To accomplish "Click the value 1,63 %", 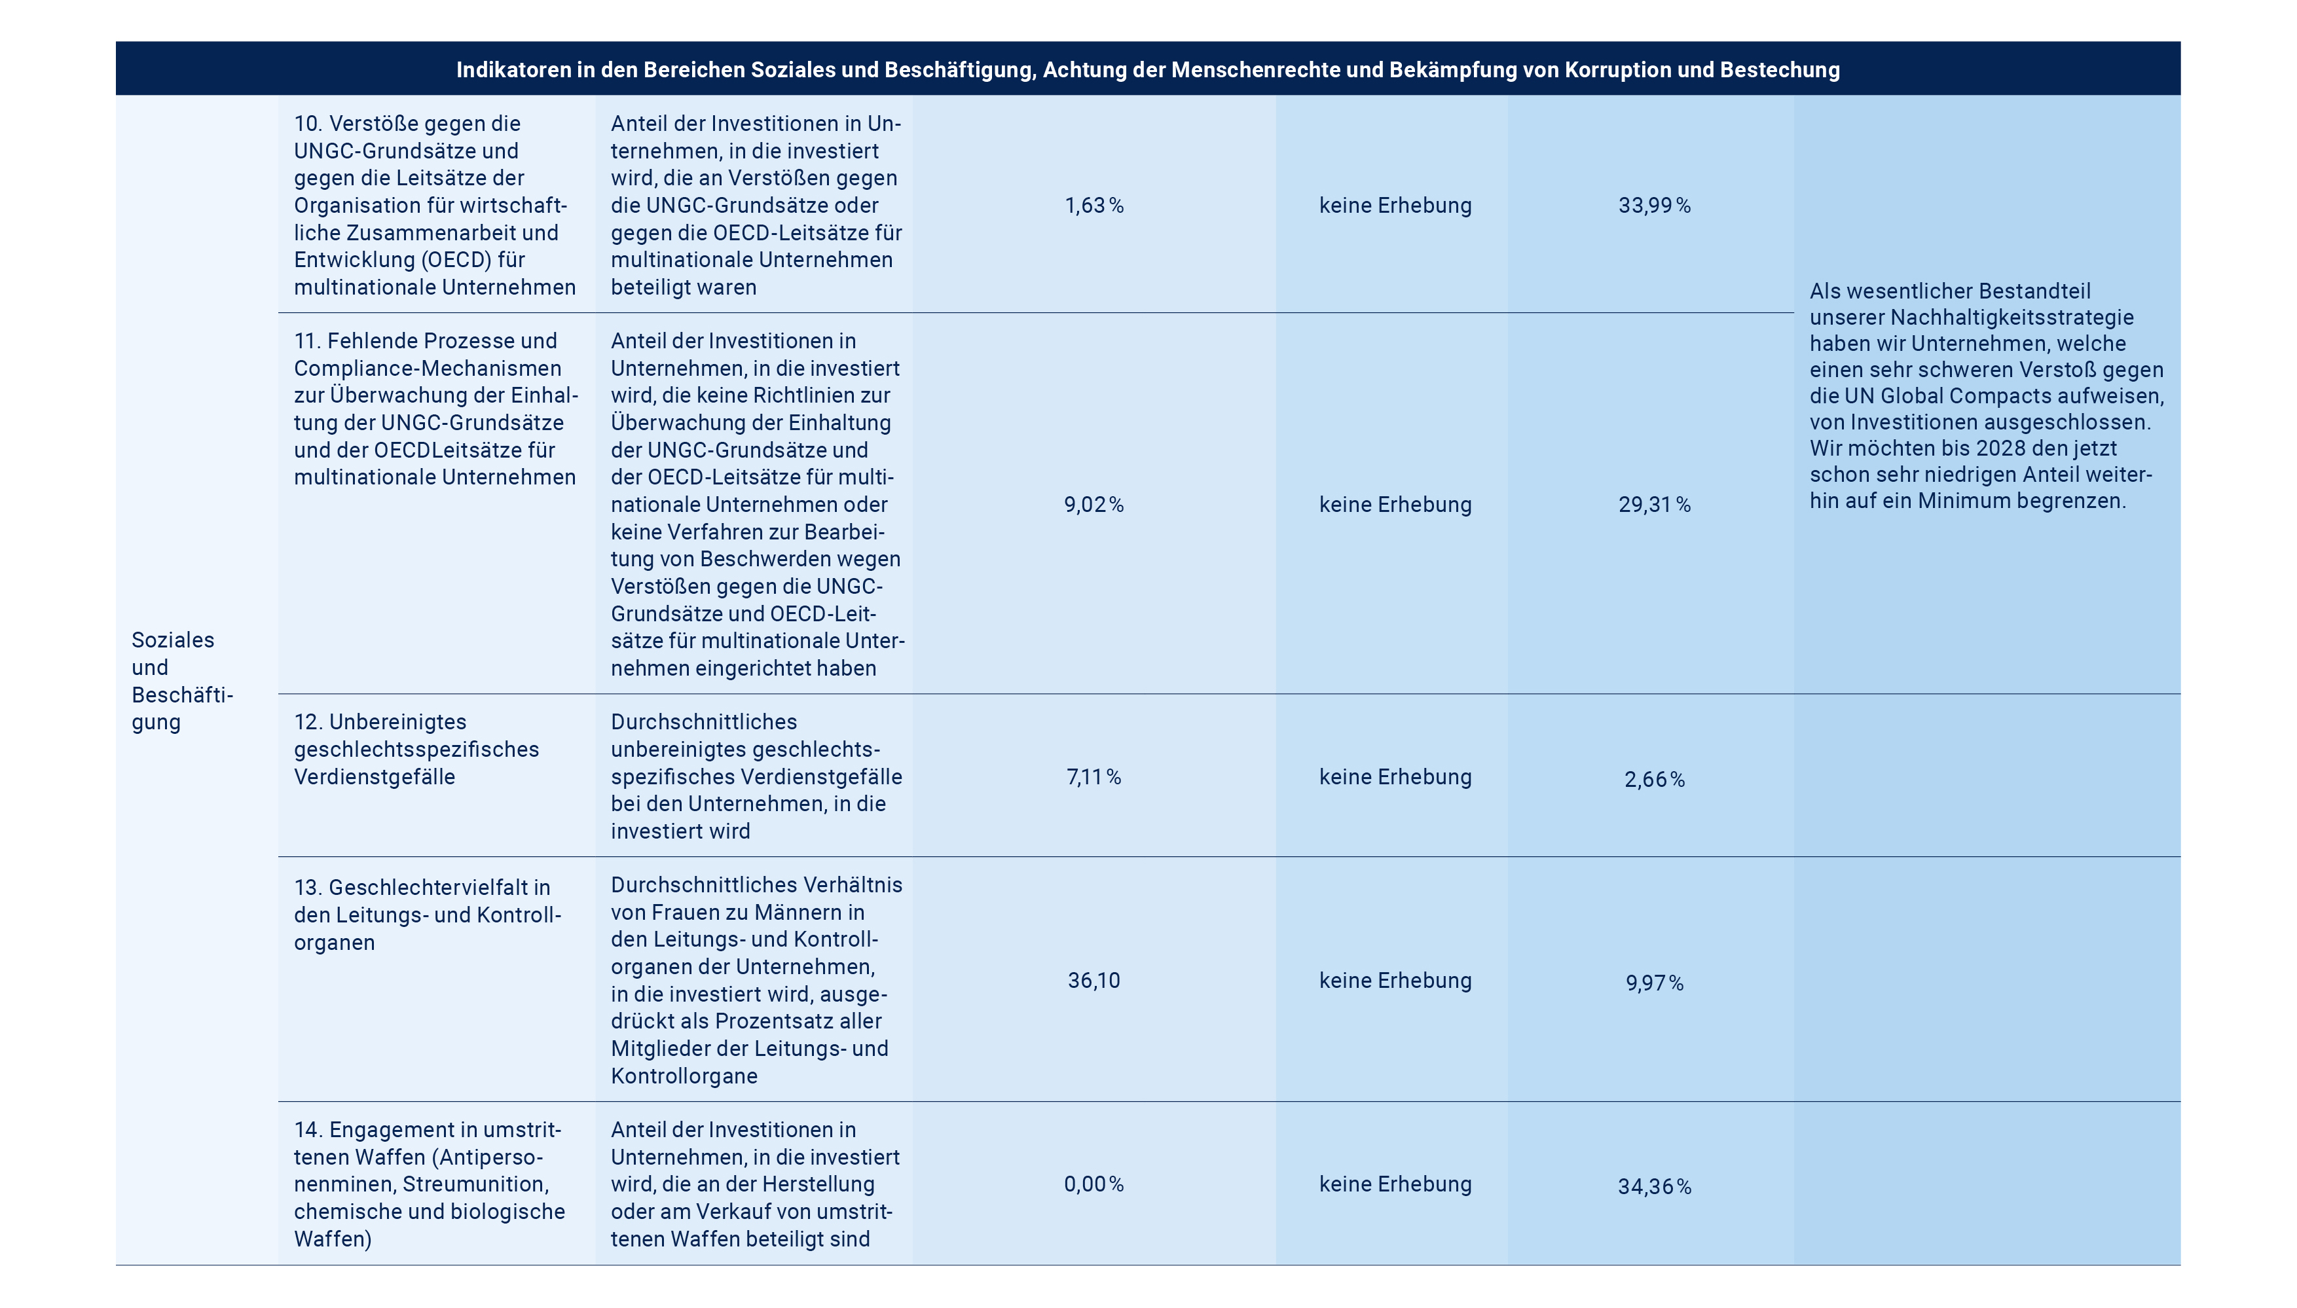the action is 1093,206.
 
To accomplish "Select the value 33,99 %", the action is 1654,206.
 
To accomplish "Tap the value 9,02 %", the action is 1093,505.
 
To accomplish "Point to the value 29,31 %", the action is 1654,505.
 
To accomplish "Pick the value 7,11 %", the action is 1093,777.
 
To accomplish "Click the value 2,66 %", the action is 1654,780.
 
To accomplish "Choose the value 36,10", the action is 1093,980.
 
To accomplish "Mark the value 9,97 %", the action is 1654,983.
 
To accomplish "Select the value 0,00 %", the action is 1093,1184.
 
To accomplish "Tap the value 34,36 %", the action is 1654,1187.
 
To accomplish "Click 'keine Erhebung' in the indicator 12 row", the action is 1395,777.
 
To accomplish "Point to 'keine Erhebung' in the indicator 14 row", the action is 1395,1184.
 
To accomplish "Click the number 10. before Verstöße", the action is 307,123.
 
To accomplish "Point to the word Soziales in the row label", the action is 172,640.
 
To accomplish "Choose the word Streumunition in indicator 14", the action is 475,1184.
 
